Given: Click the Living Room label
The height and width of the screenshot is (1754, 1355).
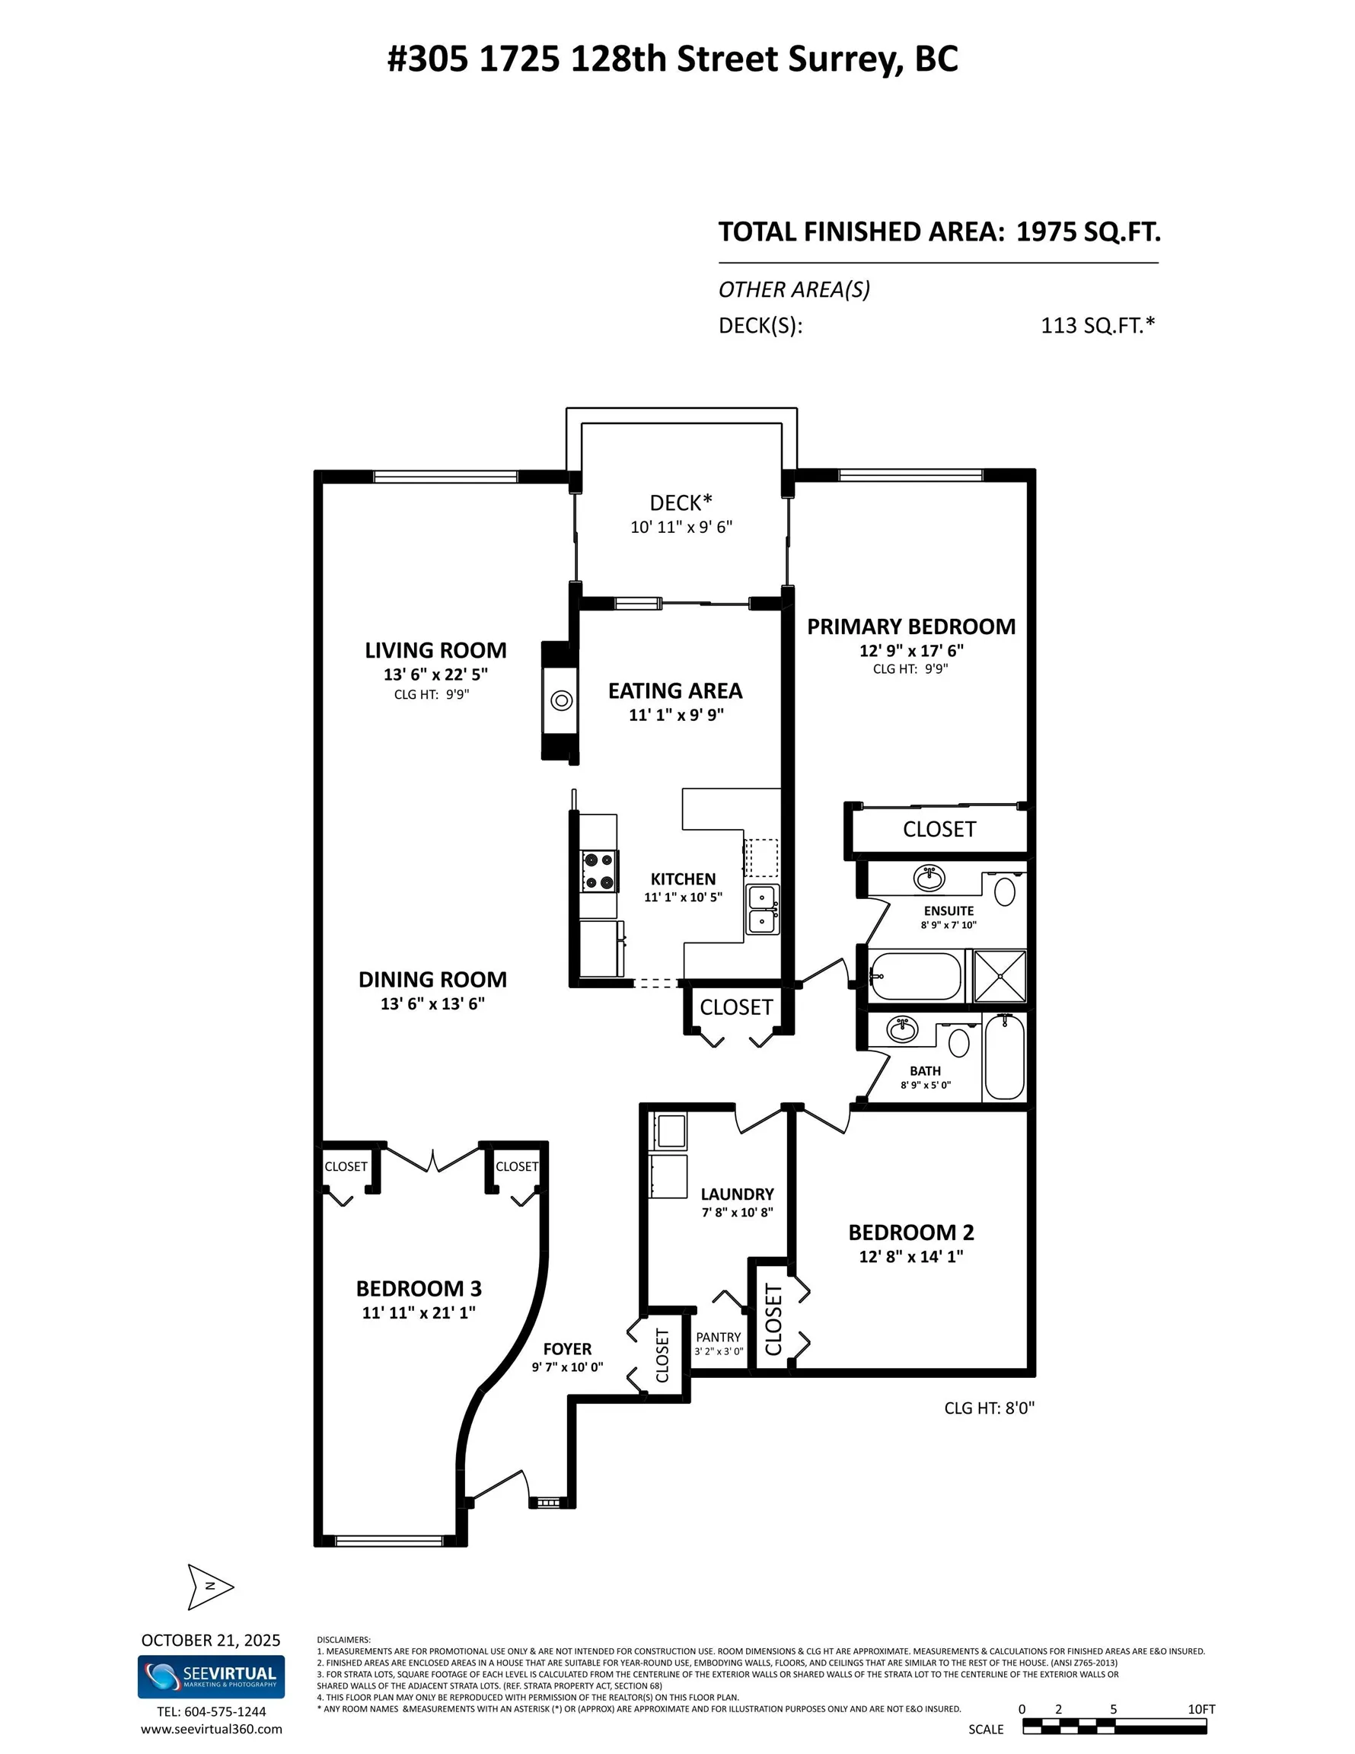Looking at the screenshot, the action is click(x=435, y=651).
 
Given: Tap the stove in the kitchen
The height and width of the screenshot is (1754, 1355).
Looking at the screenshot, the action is click(x=599, y=872).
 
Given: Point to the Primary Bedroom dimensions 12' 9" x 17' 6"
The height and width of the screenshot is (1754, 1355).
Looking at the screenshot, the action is click(x=911, y=651).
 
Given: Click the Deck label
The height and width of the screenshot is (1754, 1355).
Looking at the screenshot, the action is click(x=681, y=502).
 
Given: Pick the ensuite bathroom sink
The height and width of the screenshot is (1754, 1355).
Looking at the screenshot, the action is click(x=929, y=878).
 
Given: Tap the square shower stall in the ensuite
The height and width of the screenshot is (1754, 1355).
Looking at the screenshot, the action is click(x=1000, y=976).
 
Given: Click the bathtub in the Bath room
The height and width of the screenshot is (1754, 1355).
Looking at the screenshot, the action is click(x=1004, y=1057).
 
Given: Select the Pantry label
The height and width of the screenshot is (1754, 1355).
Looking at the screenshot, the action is click(x=718, y=1337).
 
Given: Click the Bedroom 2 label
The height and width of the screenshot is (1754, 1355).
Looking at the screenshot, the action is click(x=911, y=1232).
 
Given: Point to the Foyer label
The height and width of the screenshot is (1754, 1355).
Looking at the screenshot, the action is click(x=567, y=1349).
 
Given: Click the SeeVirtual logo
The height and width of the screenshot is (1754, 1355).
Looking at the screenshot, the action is click(x=211, y=1677).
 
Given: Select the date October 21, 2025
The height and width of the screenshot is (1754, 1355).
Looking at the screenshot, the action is click(x=211, y=1640).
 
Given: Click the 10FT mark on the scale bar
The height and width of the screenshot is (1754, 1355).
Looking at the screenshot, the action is click(x=1201, y=1709).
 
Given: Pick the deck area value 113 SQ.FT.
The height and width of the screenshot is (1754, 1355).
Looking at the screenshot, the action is click(x=1097, y=325).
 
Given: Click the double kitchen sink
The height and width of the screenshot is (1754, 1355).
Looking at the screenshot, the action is click(x=762, y=910).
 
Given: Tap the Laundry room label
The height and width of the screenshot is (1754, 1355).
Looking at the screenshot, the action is click(x=738, y=1194).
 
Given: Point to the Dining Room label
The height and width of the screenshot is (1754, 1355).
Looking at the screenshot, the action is click(x=432, y=980).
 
